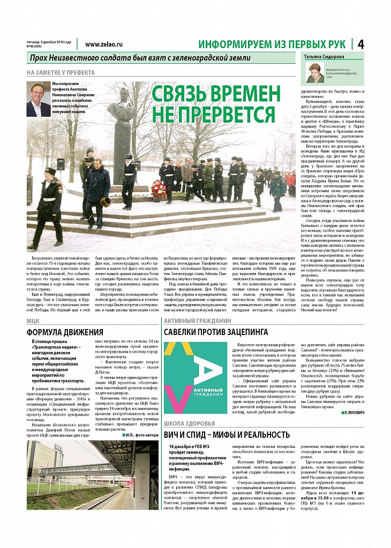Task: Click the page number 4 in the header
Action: click(x=360, y=44)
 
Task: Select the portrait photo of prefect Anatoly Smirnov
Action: click(x=37, y=99)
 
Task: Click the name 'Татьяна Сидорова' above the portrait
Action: click(x=325, y=57)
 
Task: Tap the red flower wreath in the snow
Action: click(x=159, y=188)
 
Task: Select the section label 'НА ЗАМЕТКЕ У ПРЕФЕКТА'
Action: click(x=61, y=72)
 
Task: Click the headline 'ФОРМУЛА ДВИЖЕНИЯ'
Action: click(x=65, y=332)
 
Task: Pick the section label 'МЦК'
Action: click(x=33, y=321)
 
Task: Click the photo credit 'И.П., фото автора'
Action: click(x=141, y=435)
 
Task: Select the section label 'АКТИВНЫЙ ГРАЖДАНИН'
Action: click(x=197, y=321)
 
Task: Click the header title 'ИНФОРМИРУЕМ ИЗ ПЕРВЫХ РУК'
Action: click(x=272, y=44)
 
